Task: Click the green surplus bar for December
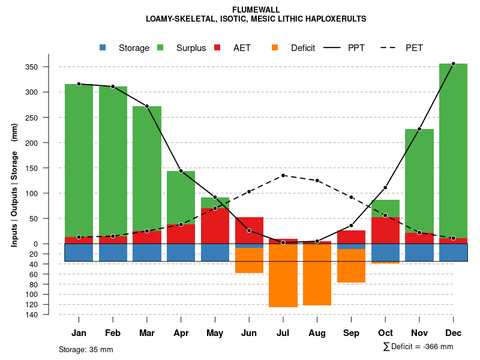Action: tap(453, 150)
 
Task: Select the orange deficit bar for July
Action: tap(283, 276)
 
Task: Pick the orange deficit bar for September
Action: tap(351, 266)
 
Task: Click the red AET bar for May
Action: tap(215, 226)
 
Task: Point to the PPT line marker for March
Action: tap(147, 106)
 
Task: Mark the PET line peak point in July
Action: tap(283, 175)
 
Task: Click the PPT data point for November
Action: tap(419, 129)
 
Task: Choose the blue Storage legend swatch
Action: tap(103, 47)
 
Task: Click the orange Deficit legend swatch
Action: tap(275, 47)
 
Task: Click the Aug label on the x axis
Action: tap(317, 333)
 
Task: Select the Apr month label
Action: tap(181, 333)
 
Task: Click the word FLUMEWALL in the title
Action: tap(256, 10)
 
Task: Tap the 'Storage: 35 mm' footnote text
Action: tap(86, 349)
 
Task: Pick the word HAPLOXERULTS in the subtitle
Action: tap(337, 19)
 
